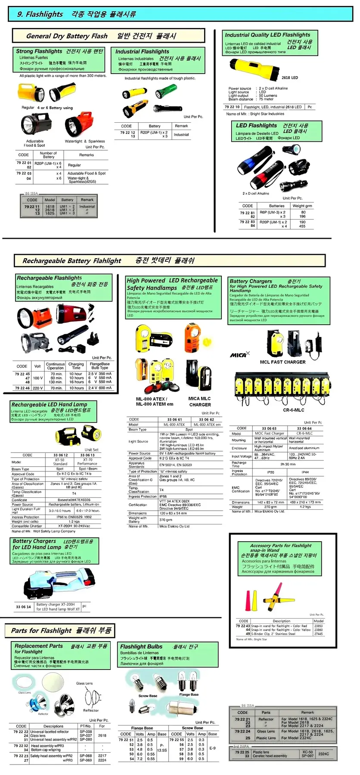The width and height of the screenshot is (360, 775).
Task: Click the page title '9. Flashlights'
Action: pyautogui.click(x=40, y=14)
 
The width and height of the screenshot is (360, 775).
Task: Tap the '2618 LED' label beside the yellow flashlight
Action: pyautogui.click(x=289, y=78)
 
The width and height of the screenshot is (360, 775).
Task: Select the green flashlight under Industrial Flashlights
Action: pyautogui.click(x=165, y=92)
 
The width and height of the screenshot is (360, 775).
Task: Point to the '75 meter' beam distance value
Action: pyautogui.click(x=266, y=99)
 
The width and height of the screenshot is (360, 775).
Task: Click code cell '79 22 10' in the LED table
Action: pyautogui.click(x=232, y=107)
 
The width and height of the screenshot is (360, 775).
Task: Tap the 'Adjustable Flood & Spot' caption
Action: pyautogui.click(x=35, y=143)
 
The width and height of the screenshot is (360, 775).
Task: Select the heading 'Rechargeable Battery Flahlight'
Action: pyautogui.click(x=72, y=261)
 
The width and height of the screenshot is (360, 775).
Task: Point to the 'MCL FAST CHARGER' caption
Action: pyautogui.click(x=282, y=362)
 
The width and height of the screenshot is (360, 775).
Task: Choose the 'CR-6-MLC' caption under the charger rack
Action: pyautogui.click(x=293, y=410)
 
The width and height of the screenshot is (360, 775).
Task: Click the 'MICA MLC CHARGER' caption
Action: pyautogui.click(x=200, y=401)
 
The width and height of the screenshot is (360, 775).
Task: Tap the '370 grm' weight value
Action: pyautogui.click(x=166, y=520)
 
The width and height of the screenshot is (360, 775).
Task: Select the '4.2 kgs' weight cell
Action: pyautogui.click(x=305, y=507)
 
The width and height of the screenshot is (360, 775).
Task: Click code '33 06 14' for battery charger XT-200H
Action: pyautogui.click(x=23, y=607)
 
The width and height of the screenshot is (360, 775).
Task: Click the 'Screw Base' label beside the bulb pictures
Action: pyautogui.click(x=148, y=696)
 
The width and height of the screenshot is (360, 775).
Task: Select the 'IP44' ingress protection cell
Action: pyautogui.click(x=305, y=472)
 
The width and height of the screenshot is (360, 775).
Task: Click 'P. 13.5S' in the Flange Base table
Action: pyautogui.click(x=162, y=747)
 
